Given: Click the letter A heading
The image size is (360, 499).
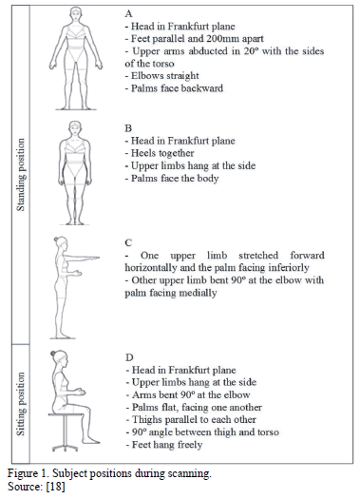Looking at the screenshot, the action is click(128, 13).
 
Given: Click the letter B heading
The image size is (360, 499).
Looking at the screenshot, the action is click(128, 128).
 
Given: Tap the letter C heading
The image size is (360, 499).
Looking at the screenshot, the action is click(128, 242).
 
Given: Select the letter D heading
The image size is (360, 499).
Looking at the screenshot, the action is click(129, 357).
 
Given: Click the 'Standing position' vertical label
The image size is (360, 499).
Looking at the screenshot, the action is click(20, 174).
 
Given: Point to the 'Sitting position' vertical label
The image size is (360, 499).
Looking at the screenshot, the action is click(20, 404).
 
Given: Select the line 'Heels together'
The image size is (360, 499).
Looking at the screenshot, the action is click(160, 153).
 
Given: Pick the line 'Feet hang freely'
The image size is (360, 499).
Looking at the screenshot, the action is click(164, 445).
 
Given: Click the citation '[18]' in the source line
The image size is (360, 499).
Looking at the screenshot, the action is click(56, 487).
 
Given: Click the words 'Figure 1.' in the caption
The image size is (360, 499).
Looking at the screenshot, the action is click(28, 474).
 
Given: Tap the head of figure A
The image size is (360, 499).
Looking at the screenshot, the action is click(76, 14).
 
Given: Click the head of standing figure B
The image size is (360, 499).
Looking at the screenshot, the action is click(75, 128).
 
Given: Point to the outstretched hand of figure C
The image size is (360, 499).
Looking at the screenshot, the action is click(95, 258).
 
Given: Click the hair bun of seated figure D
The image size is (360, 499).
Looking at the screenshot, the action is click(53, 354).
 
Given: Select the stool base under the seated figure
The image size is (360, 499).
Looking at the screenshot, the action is click(66, 448).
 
